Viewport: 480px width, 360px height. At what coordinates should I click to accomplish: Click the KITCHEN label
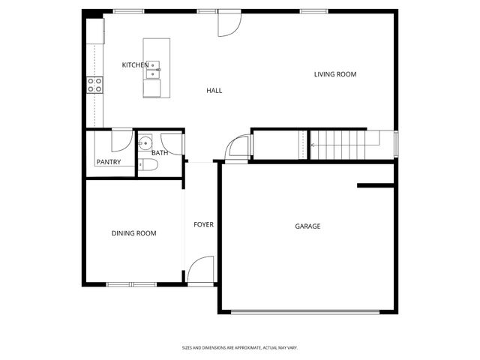tap(134, 65)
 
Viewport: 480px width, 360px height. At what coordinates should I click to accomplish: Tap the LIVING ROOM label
tap(334, 74)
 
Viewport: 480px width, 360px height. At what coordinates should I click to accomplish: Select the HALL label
tap(214, 91)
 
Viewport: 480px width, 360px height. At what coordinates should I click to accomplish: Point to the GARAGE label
tap(307, 226)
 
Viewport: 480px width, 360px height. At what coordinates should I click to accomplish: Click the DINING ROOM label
tap(133, 233)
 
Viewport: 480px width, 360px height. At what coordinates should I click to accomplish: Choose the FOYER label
tap(203, 225)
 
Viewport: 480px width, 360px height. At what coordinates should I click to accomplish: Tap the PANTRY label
tap(108, 162)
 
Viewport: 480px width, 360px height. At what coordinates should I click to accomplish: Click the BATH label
tap(160, 153)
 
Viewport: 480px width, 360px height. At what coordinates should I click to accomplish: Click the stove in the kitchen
tap(94, 85)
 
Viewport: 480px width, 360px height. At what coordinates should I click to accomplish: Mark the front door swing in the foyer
tap(201, 270)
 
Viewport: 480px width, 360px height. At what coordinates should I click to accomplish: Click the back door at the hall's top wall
tap(229, 23)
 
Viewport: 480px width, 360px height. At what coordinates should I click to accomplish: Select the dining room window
tap(131, 284)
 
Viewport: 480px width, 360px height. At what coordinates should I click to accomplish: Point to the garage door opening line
tap(308, 312)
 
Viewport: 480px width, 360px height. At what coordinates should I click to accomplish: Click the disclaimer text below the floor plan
tap(240, 347)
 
